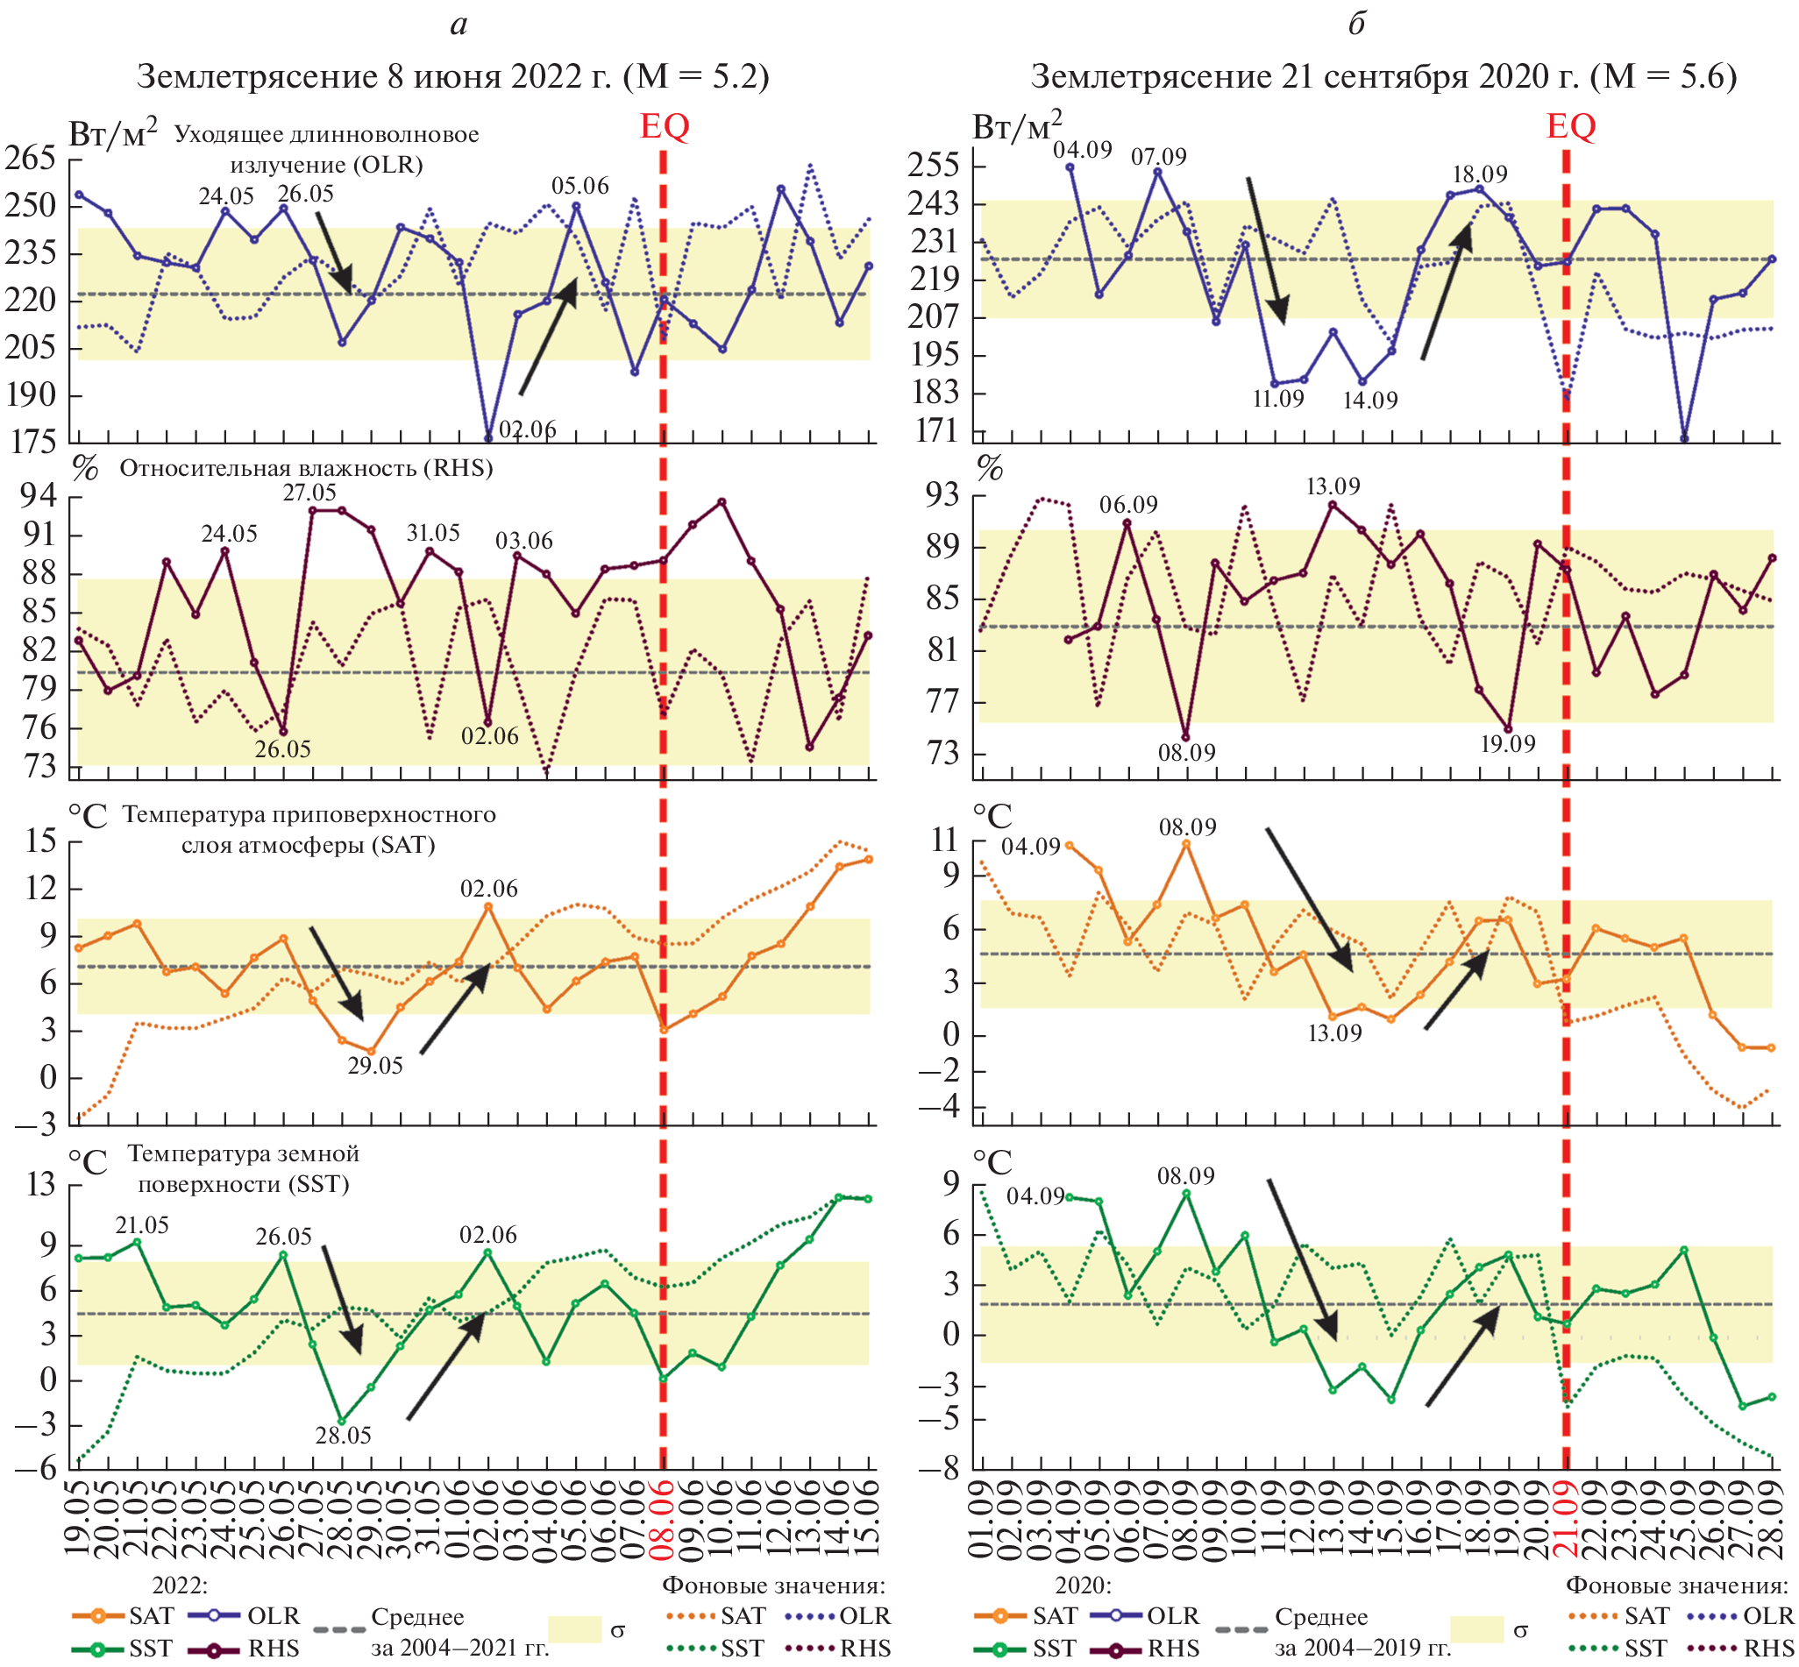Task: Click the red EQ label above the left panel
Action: [664, 126]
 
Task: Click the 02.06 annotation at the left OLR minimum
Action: [528, 429]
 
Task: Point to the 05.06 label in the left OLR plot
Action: [580, 186]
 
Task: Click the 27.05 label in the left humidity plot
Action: [309, 493]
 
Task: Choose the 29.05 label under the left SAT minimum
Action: [375, 1066]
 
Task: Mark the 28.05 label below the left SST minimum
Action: [343, 1434]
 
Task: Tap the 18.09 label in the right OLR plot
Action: [1480, 174]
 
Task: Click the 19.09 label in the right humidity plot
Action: [1508, 744]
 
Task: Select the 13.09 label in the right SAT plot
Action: [1334, 1032]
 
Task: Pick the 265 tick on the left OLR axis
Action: [30, 159]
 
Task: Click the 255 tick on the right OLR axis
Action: [933, 166]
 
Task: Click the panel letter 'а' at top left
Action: [459, 25]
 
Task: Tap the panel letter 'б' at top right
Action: [1356, 25]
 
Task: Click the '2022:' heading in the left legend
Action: [180, 1585]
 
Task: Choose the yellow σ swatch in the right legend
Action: [1476, 1629]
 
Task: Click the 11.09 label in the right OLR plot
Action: [1277, 399]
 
